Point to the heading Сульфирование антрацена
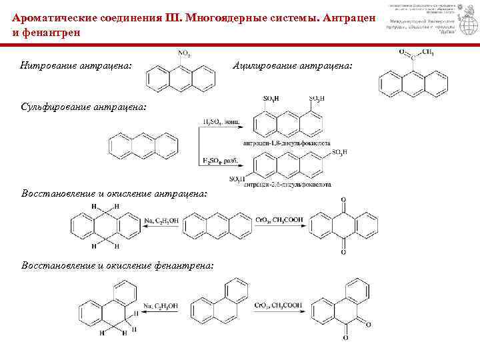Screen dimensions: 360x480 83,107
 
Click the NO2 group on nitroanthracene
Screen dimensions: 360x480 183,53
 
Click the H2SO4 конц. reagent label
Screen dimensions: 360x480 220,122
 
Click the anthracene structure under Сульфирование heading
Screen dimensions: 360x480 143,143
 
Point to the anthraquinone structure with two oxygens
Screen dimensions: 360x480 343,226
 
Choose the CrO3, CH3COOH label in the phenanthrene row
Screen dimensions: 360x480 279,306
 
